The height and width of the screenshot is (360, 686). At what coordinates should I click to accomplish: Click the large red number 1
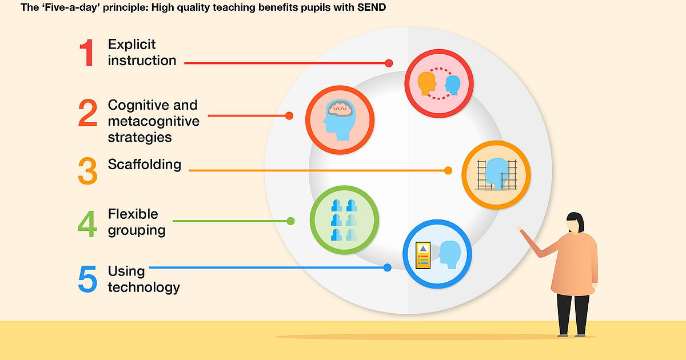(87, 53)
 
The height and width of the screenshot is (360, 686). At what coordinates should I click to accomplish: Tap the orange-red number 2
(87, 113)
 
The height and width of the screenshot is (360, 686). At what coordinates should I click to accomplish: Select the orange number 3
(87, 171)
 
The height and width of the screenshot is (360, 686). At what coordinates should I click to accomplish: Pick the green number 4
(87, 224)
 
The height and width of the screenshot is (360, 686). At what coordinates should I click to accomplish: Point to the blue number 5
(87, 279)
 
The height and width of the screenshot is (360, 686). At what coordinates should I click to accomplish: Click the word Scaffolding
(145, 165)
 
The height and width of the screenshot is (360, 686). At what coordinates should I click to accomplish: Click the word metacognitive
(153, 121)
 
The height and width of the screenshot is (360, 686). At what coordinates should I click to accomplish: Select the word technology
(143, 288)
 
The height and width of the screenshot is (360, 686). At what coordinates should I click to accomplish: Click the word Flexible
(133, 214)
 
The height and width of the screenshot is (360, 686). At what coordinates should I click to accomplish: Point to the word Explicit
(131, 45)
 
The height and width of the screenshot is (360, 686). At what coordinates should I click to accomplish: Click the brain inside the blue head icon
(340, 108)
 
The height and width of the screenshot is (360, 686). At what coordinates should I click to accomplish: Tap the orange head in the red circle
(427, 83)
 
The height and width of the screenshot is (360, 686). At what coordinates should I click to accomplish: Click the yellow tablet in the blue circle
(423, 255)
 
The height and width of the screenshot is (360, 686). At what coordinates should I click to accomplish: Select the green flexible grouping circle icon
(344, 220)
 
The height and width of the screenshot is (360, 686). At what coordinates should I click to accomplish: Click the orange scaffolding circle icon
(496, 175)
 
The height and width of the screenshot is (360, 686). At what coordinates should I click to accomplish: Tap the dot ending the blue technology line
(388, 267)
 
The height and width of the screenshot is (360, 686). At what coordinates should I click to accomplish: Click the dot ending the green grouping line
(290, 221)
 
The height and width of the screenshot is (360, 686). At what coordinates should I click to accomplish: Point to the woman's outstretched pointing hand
(520, 229)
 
